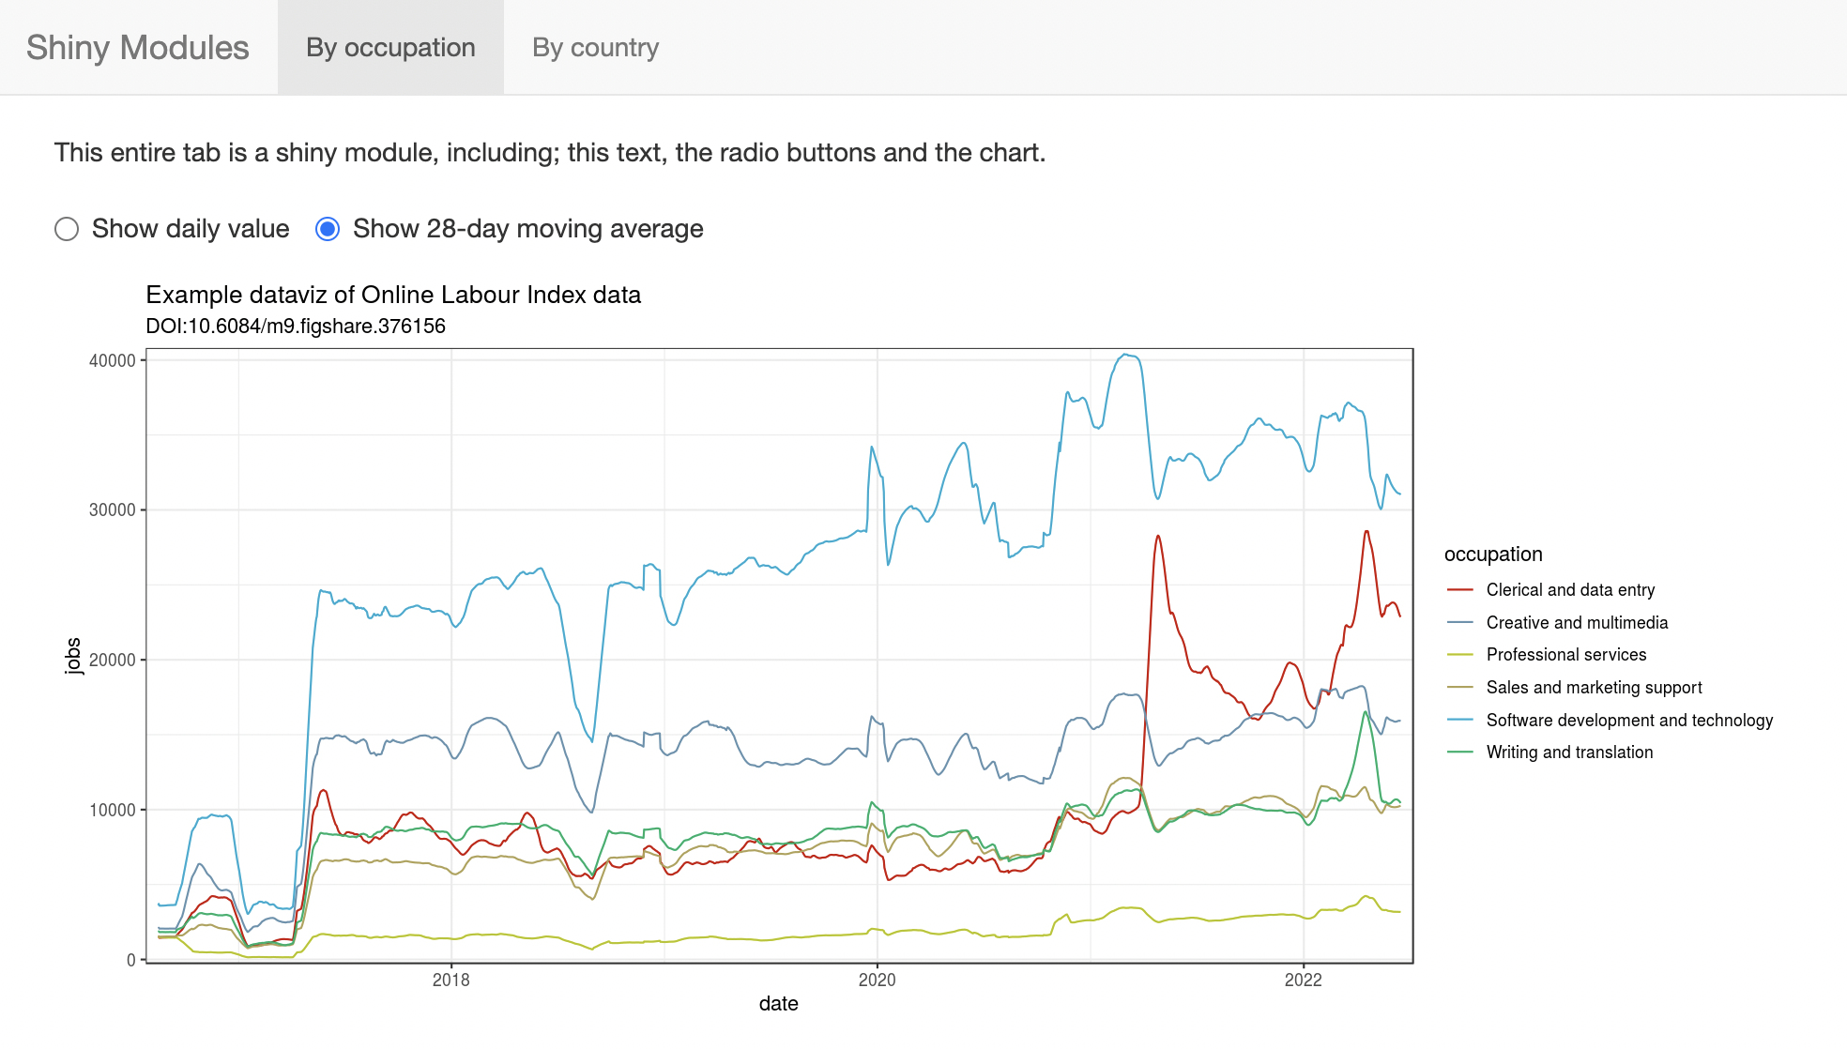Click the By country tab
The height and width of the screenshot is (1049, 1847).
[x=595, y=47]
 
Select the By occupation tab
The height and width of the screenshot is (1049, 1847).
[x=390, y=47]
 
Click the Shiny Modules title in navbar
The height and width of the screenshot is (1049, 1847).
[x=138, y=47]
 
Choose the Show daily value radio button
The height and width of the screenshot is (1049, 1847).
[x=67, y=229]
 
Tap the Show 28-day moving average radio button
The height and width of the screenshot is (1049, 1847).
[x=328, y=229]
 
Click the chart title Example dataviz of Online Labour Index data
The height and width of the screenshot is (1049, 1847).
[x=393, y=295]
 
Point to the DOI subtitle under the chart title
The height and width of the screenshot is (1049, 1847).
[x=296, y=326]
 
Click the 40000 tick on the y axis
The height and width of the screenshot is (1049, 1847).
[x=113, y=360]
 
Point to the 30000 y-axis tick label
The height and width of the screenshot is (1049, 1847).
[x=113, y=509]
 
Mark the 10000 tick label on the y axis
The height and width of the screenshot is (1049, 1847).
[x=113, y=810]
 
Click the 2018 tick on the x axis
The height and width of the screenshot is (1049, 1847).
[x=451, y=980]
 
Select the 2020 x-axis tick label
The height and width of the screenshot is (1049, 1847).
[x=878, y=980]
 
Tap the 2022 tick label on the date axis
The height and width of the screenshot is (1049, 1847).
[x=1304, y=980]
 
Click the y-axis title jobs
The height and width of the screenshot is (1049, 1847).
[x=73, y=656]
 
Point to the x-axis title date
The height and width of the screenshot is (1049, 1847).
[x=779, y=1003]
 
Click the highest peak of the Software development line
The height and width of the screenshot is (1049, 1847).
[x=1126, y=355]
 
